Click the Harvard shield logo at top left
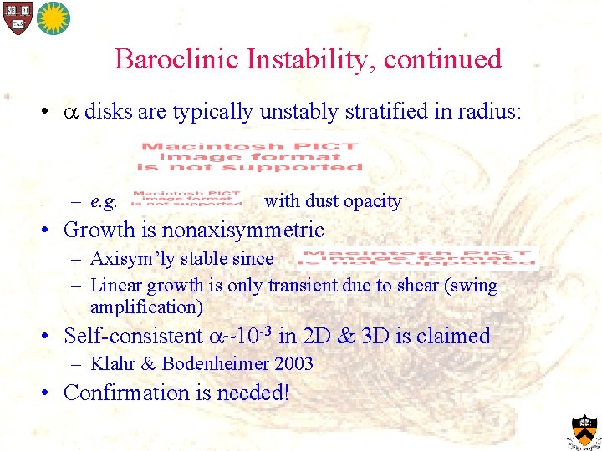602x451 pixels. click(16, 18)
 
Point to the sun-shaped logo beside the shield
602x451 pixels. click(54, 18)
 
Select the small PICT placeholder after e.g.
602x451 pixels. click(186, 199)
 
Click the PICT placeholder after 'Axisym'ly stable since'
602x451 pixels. click(418, 258)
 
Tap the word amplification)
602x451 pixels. click(146, 307)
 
